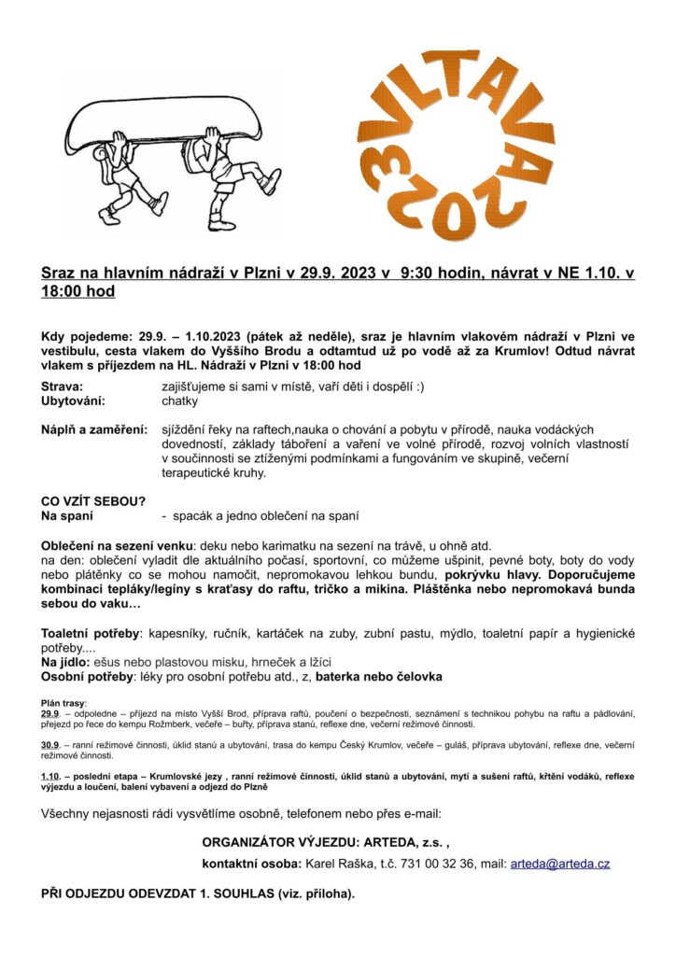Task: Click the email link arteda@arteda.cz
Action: point(559,864)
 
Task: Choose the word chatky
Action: point(179,401)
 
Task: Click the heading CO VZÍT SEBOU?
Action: point(93,501)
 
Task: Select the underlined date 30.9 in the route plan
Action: point(50,743)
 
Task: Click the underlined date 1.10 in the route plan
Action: point(50,777)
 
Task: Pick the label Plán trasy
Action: point(64,701)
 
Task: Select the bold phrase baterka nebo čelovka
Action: point(379,675)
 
